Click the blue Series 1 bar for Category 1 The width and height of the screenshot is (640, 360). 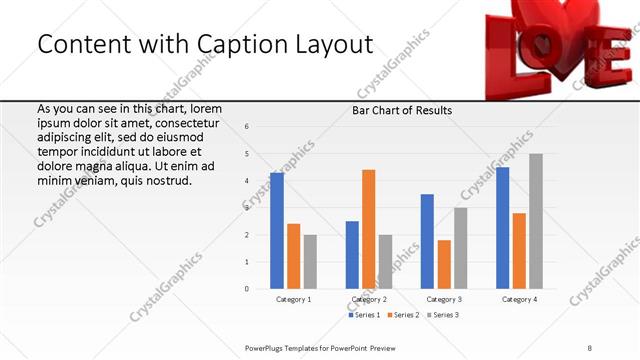pyautogui.click(x=276, y=231)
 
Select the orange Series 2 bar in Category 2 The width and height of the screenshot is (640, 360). pyautogui.click(x=368, y=229)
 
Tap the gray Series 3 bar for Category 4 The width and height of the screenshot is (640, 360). pyautogui.click(x=536, y=221)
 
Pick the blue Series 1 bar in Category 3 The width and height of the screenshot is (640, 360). pyautogui.click(x=427, y=241)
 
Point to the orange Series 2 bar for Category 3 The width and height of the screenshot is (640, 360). pyautogui.click(x=444, y=264)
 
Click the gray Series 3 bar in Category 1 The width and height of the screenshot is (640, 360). pyautogui.click(x=310, y=262)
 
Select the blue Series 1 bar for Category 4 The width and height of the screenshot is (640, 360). pyautogui.click(x=502, y=228)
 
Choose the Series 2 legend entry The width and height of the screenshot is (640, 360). pyautogui.click(x=402, y=315)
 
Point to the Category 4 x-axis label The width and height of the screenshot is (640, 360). pyautogui.click(x=519, y=299)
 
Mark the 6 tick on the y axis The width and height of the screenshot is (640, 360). pyautogui.click(x=247, y=126)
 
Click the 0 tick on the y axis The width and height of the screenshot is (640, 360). pyautogui.click(x=247, y=289)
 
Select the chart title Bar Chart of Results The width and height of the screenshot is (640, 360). pyautogui.click(x=402, y=110)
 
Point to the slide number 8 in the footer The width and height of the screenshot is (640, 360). pyautogui.click(x=589, y=347)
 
